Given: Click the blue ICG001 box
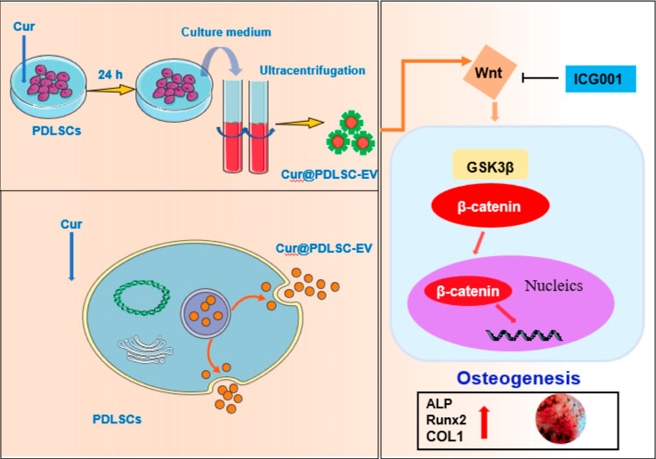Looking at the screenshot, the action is [x=600, y=78].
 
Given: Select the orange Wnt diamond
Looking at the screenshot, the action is [x=490, y=72].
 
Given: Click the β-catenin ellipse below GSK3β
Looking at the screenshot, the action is [x=490, y=205].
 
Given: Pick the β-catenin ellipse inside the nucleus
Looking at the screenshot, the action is [x=468, y=291].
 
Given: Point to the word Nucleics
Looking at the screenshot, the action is [x=554, y=286].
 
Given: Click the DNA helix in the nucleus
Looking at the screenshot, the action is [x=523, y=335].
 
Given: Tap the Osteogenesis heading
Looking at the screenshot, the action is [x=518, y=378].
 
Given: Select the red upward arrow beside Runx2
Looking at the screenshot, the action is [x=484, y=422].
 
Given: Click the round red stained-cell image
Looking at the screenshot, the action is [x=561, y=418].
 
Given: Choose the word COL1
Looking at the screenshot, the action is [x=445, y=437].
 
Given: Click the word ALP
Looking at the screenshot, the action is [x=440, y=403].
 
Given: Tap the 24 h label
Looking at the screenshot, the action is [x=110, y=75].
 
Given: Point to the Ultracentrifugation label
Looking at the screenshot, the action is [x=312, y=70].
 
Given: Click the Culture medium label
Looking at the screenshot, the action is [x=226, y=32].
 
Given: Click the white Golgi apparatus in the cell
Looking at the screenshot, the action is [x=145, y=349].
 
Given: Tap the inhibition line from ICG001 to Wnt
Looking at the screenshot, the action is [x=540, y=77].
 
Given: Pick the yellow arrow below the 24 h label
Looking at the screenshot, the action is [x=111, y=90].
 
